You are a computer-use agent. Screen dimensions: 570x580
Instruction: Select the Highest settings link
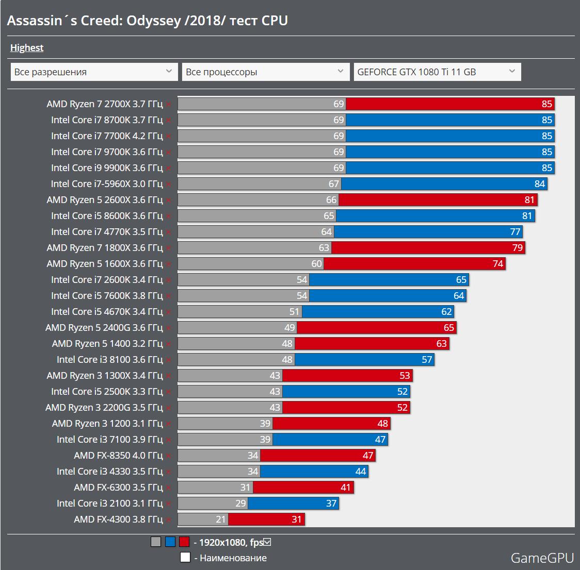point(27,48)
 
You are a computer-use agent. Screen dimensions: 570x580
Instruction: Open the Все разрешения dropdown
point(93,72)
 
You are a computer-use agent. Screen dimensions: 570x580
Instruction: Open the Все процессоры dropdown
point(265,72)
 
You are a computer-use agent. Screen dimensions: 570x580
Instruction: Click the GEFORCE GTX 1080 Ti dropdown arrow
point(511,72)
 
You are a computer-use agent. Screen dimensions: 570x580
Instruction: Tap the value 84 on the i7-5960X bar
point(540,184)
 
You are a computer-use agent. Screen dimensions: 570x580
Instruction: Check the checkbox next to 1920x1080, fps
point(267,542)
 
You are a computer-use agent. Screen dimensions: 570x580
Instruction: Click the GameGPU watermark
point(542,558)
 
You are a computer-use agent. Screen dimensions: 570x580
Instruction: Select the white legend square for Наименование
point(185,558)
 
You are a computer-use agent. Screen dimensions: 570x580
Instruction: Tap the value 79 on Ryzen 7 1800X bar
point(518,248)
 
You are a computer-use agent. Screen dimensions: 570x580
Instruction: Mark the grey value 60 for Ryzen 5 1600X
point(316,264)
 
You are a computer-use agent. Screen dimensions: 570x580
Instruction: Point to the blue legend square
point(170,542)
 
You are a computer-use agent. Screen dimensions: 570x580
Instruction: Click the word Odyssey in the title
point(153,21)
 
